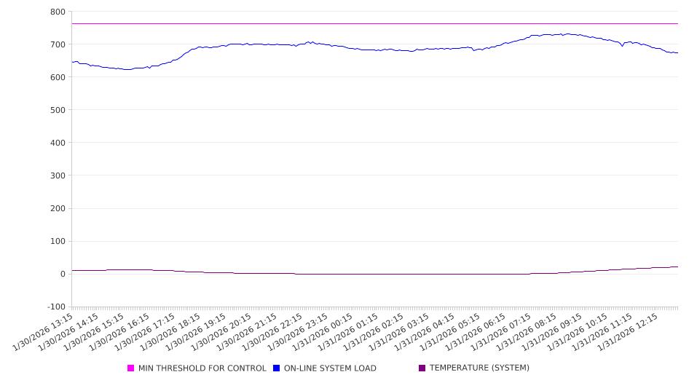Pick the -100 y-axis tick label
pyautogui.click(x=56, y=307)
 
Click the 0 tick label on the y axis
pyautogui.click(x=63, y=274)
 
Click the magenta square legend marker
pyautogui.click(x=131, y=368)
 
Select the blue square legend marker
pyautogui.click(x=277, y=368)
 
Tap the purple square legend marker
pyautogui.click(x=422, y=368)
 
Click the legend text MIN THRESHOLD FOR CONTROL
pyautogui.click(x=202, y=368)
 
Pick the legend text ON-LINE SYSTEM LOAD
pyautogui.click(x=330, y=368)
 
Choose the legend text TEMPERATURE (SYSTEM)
pyautogui.click(x=479, y=368)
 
